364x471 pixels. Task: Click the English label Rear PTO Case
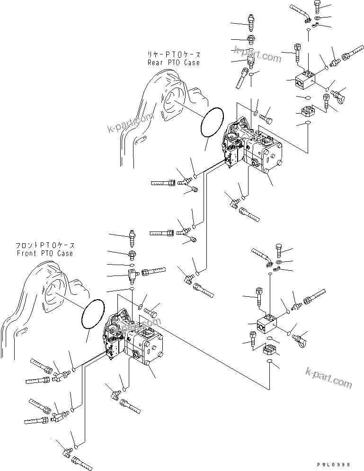click(x=173, y=62)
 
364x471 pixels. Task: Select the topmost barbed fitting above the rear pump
click(x=251, y=19)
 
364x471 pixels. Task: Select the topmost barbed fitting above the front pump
click(x=133, y=236)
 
